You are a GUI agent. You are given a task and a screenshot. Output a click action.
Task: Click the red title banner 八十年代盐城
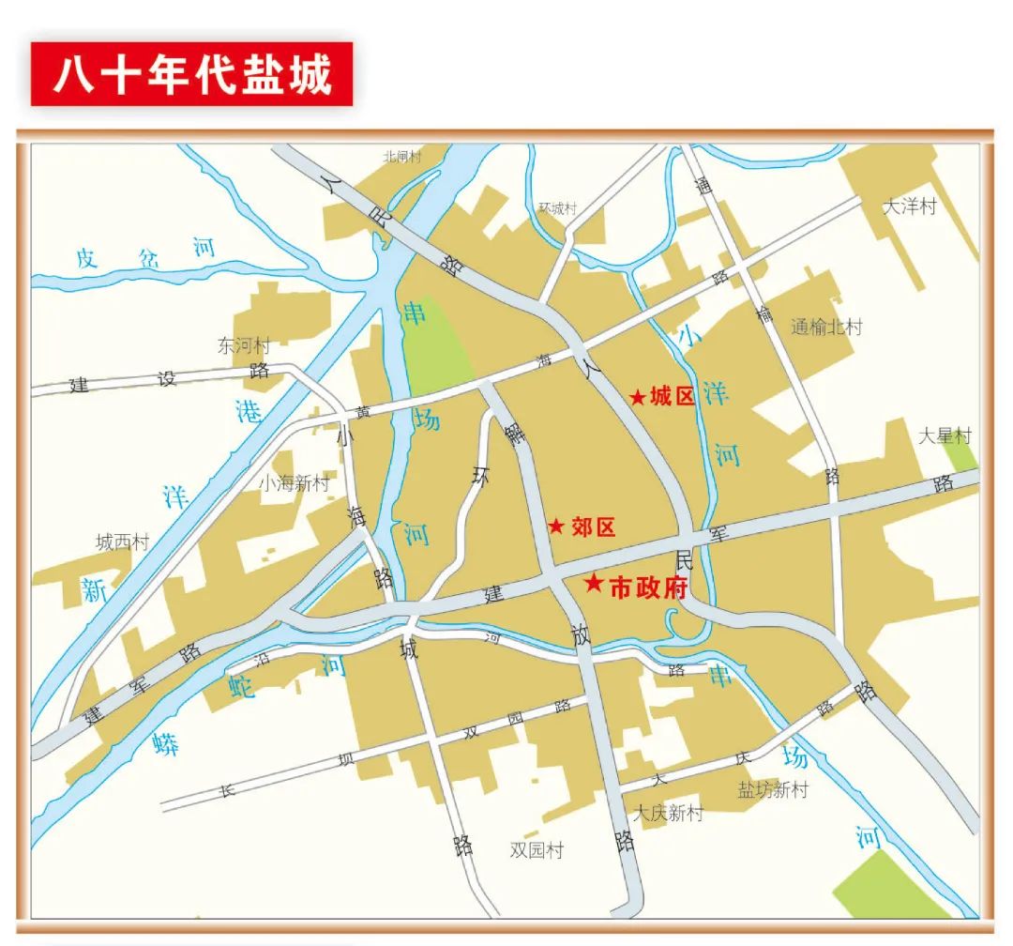(x=191, y=73)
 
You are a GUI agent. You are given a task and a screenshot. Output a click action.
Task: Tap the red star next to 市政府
(x=594, y=584)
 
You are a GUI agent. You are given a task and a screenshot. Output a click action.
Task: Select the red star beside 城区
(x=638, y=398)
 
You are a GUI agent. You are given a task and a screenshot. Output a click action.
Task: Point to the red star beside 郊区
(x=556, y=526)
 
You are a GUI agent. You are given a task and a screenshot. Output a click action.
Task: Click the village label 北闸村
(x=402, y=157)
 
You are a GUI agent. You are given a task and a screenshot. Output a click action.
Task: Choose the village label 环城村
(x=557, y=208)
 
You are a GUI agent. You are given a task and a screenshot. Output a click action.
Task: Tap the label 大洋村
(x=910, y=206)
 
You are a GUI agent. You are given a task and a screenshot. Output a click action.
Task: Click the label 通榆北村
(x=825, y=327)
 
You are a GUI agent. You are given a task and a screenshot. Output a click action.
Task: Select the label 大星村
(x=945, y=435)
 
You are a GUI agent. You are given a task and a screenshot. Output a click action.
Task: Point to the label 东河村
(x=243, y=344)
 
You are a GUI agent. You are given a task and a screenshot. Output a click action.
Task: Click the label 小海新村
(x=295, y=483)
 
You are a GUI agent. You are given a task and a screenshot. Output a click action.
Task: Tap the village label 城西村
(x=122, y=542)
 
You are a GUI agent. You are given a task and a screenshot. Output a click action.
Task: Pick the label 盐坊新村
(x=772, y=789)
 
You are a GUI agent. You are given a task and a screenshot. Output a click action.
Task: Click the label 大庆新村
(x=667, y=813)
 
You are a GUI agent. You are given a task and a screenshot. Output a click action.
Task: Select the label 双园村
(x=537, y=850)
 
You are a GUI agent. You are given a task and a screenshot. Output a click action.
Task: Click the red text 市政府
(x=648, y=588)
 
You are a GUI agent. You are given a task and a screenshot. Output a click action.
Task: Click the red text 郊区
(x=593, y=527)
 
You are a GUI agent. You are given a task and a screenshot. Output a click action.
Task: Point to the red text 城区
(x=673, y=397)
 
